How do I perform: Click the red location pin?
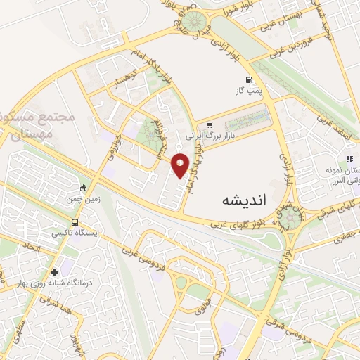pos(180,165)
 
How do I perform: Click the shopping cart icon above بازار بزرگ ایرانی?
pos(209,125)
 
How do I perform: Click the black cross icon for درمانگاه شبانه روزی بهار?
pos(54,272)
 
